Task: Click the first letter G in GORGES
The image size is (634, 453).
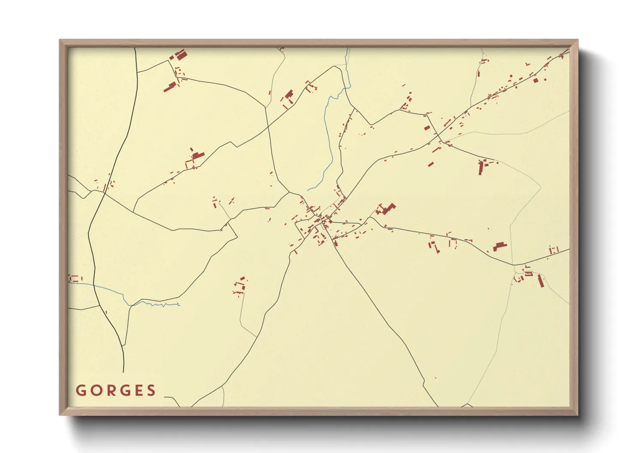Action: (x=80, y=390)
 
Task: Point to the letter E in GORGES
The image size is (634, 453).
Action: (x=138, y=390)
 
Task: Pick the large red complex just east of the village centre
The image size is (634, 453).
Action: (x=387, y=209)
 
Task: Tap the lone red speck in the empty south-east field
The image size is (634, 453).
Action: (x=435, y=378)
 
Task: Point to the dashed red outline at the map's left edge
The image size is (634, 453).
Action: (x=75, y=278)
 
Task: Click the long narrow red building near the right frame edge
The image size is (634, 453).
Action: (x=541, y=281)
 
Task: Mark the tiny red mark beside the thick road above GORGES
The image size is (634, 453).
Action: (x=106, y=312)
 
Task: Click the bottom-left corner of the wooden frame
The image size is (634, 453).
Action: (x=60, y=414)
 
